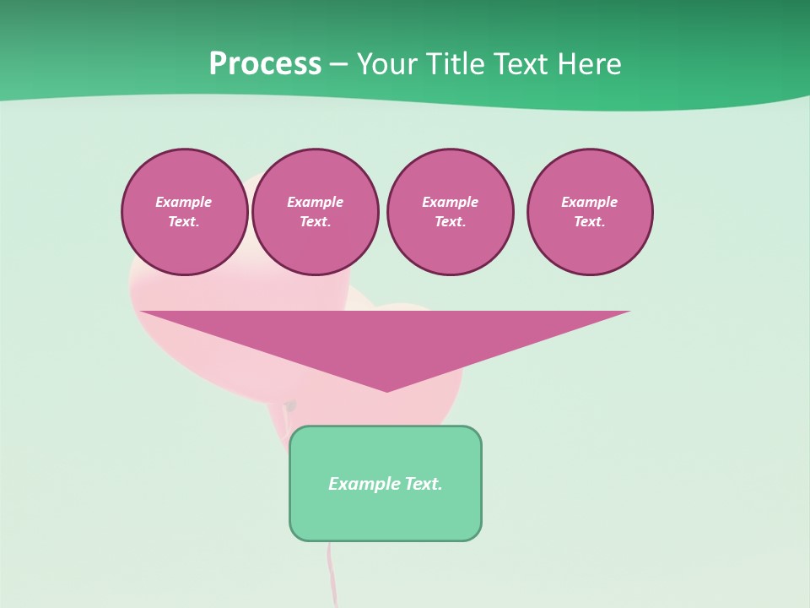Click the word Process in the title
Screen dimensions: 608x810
[265, 64]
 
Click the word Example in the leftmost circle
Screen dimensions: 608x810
[184, 202]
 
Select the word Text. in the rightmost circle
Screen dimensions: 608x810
[590, 222]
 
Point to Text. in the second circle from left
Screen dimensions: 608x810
[316, 222]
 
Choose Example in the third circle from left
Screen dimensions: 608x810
[450, 202]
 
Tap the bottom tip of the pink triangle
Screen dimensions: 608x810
[386, 389]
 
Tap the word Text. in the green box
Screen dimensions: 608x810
[422, 484]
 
